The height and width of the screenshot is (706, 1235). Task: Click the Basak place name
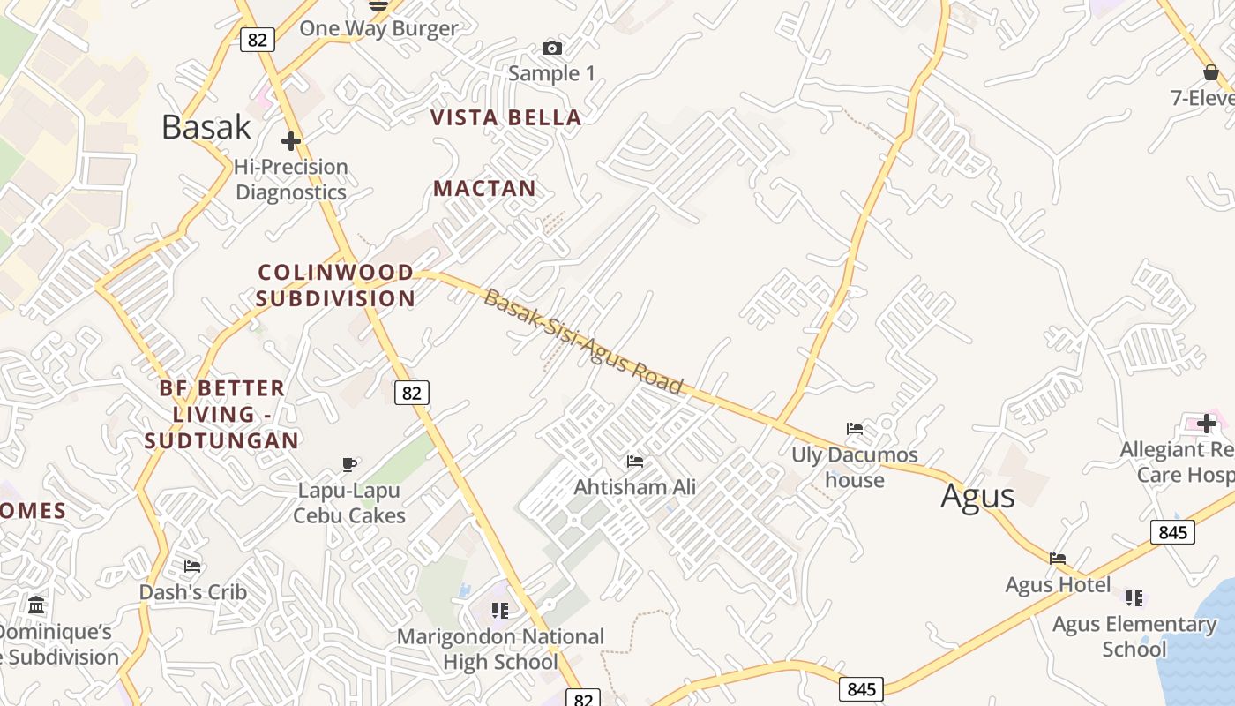point(206,127)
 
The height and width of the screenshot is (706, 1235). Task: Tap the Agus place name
point(977,496)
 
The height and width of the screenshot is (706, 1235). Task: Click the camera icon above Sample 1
point(552,48)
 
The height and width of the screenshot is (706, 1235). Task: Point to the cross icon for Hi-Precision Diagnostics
point(291,141)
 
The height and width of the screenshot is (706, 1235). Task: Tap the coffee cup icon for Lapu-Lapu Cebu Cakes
point(349,464)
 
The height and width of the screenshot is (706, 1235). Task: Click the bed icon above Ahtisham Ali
point(634,461)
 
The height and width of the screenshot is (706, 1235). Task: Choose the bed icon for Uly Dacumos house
point(854,429)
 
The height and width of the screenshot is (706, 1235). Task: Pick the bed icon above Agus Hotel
point(1058,558)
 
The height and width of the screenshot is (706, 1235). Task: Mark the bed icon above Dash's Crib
point(192,566)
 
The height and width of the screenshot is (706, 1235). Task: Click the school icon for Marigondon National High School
point(500,610)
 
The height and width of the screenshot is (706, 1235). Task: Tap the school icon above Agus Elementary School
point(1134,597)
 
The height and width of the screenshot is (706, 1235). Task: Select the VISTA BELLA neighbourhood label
point(505,117)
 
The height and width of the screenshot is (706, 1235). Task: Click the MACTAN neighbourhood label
point(484,188)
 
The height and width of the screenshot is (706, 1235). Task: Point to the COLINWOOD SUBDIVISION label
point(336,285)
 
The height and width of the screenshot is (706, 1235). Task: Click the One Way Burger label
point(378,28)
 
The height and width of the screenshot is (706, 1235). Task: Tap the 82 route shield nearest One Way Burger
point(258,39)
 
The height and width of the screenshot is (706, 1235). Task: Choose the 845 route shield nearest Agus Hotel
point(1172,532)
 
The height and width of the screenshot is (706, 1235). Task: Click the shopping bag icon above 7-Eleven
point(1210,71)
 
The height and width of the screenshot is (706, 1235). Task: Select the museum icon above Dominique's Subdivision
point(37,605)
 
